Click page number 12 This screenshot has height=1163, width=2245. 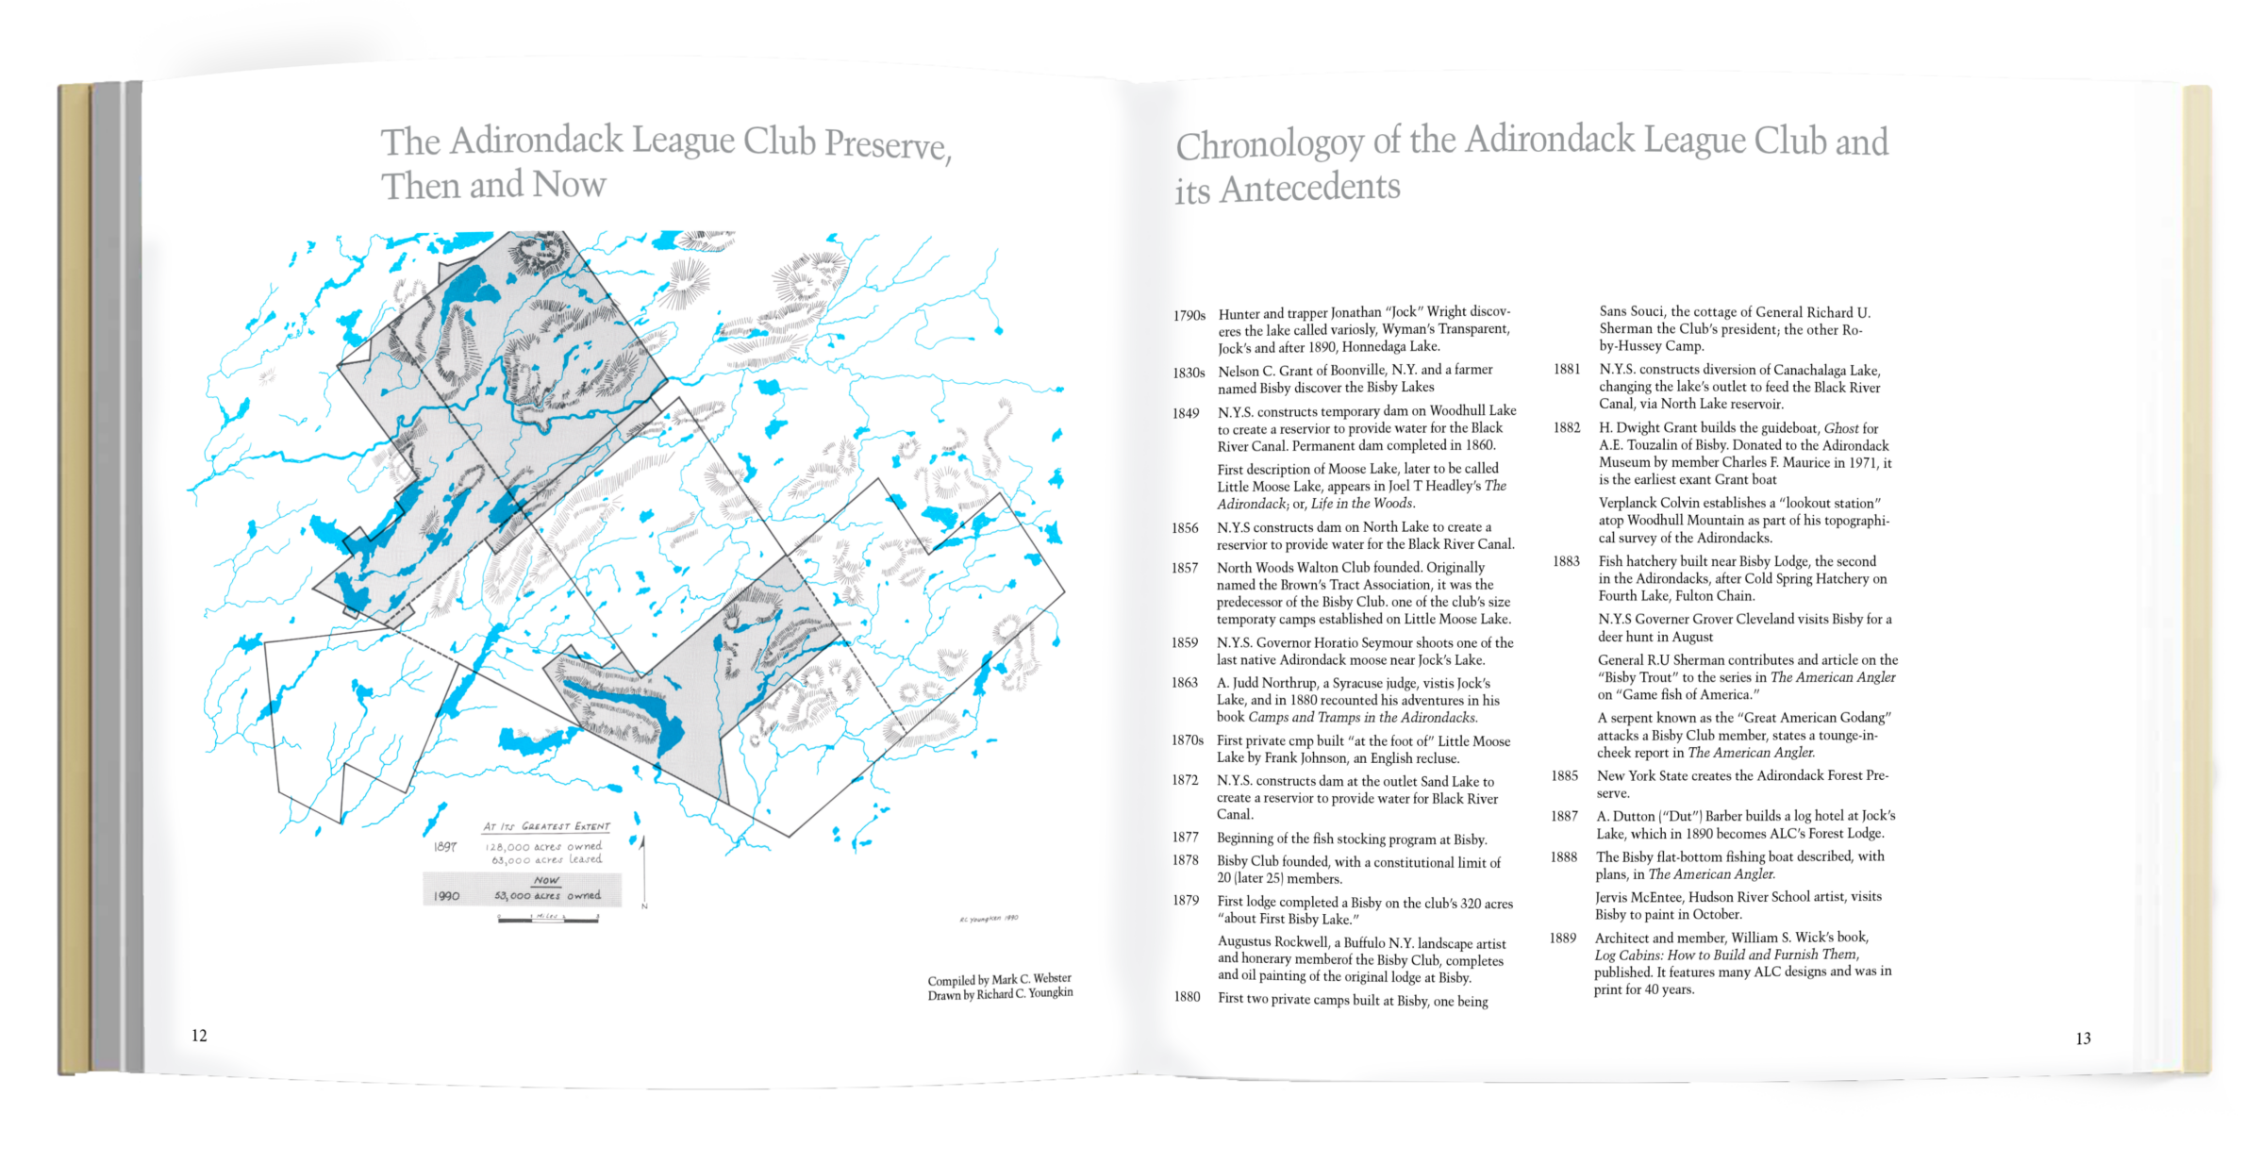(199, 1035)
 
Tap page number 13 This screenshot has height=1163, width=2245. (2084, 1038)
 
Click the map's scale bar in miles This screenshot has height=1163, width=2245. (548, 918)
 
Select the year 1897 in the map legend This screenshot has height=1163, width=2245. (445, 847)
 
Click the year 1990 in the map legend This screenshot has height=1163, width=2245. (446, 895)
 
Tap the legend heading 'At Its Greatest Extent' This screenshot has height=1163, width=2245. (546, 826)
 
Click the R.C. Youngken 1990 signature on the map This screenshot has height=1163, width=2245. (988, 918)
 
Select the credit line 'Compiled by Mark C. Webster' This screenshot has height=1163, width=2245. (999, 979)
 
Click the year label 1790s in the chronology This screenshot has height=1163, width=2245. (1189, 315)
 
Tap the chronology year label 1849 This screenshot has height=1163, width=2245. (1186, 413)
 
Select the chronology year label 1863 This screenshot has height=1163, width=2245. (1185, 683)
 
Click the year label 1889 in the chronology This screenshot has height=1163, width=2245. (1562, 938)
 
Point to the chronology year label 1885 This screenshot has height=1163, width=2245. (1564, 776)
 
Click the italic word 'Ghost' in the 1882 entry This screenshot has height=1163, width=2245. (1841, 428)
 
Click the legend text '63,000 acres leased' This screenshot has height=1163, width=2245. (546, 859)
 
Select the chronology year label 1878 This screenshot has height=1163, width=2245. (1185, 860)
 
